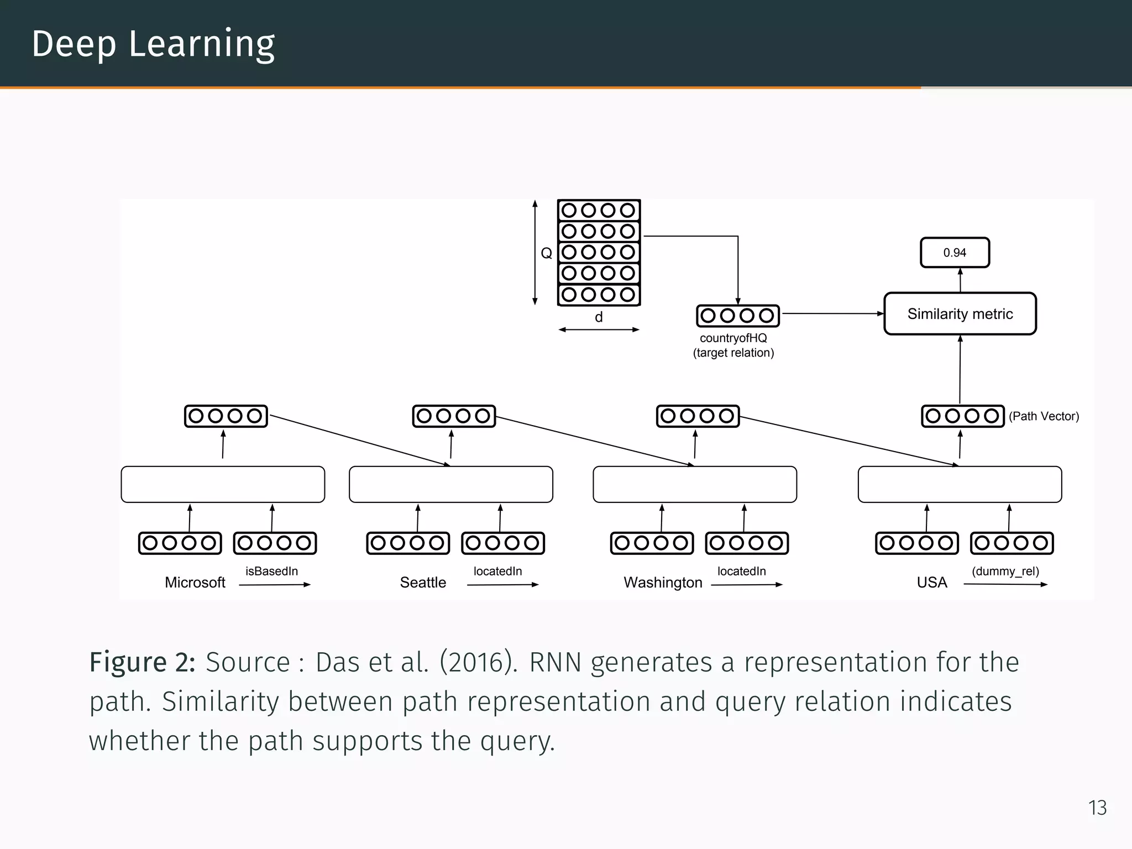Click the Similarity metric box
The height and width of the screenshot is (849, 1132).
click(960, 313)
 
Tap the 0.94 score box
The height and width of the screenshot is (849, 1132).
click(955, 253)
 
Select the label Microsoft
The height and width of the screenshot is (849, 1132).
click(195, 582)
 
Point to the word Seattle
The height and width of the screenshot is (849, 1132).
click(423, 582)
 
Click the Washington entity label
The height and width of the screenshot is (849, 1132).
click(663, 582)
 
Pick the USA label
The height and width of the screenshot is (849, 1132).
click(932, 582)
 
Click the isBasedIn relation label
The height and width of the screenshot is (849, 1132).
click(271, 571)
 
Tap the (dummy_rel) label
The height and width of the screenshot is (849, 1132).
click(1005, 571)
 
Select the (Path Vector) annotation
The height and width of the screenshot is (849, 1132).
click(1044, 416)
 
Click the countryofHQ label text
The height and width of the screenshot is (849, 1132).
click(733, 338)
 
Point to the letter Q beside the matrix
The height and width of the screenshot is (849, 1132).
click(546, 253)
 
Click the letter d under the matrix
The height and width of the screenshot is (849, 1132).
click(599, 317)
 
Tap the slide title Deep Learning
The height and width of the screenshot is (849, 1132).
click(153, 44)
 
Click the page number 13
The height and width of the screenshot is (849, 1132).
click(1097, 808)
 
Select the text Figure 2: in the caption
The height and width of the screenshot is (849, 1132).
click(142, 662)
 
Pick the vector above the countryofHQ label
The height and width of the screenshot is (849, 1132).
click(738, 316)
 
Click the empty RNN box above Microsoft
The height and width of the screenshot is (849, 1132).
click(223, 484)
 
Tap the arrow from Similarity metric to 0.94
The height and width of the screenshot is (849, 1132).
click(960, 280)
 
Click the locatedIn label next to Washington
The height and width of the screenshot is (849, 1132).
click(741, 571)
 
